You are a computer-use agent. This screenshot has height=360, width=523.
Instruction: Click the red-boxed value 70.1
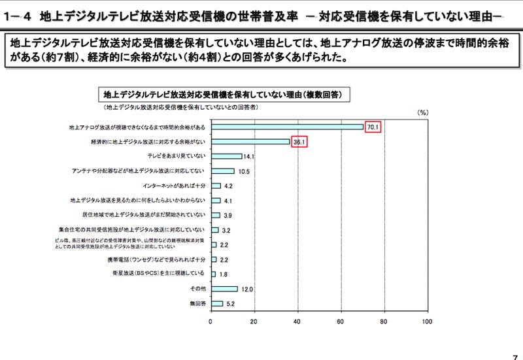click(373, 127)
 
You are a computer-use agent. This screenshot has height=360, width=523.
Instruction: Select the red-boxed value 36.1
click(299, 142)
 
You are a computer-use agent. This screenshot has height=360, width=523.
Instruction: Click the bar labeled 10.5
click(222, 171)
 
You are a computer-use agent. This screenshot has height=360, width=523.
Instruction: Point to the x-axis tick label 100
click(427, 321)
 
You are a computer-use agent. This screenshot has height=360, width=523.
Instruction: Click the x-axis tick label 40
click(297, 321)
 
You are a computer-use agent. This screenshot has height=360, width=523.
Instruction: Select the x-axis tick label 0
click(211, 321)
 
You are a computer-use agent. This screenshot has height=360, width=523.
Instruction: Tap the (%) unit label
click(422, 112)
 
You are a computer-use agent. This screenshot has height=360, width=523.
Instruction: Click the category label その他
click(197, 288)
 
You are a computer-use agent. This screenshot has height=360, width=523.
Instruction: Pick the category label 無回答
click(197, 303)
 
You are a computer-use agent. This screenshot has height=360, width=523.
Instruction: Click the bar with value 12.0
click(224, 288)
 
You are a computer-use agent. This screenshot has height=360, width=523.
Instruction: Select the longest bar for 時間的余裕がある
click(286, 127)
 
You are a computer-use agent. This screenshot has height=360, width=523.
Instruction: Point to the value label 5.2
click(229, 304)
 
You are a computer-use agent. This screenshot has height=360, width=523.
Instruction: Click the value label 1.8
click(223, 274)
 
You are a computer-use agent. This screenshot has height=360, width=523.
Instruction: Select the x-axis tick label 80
click(384, 321)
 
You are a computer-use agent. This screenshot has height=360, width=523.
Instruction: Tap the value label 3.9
click(228, 216)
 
